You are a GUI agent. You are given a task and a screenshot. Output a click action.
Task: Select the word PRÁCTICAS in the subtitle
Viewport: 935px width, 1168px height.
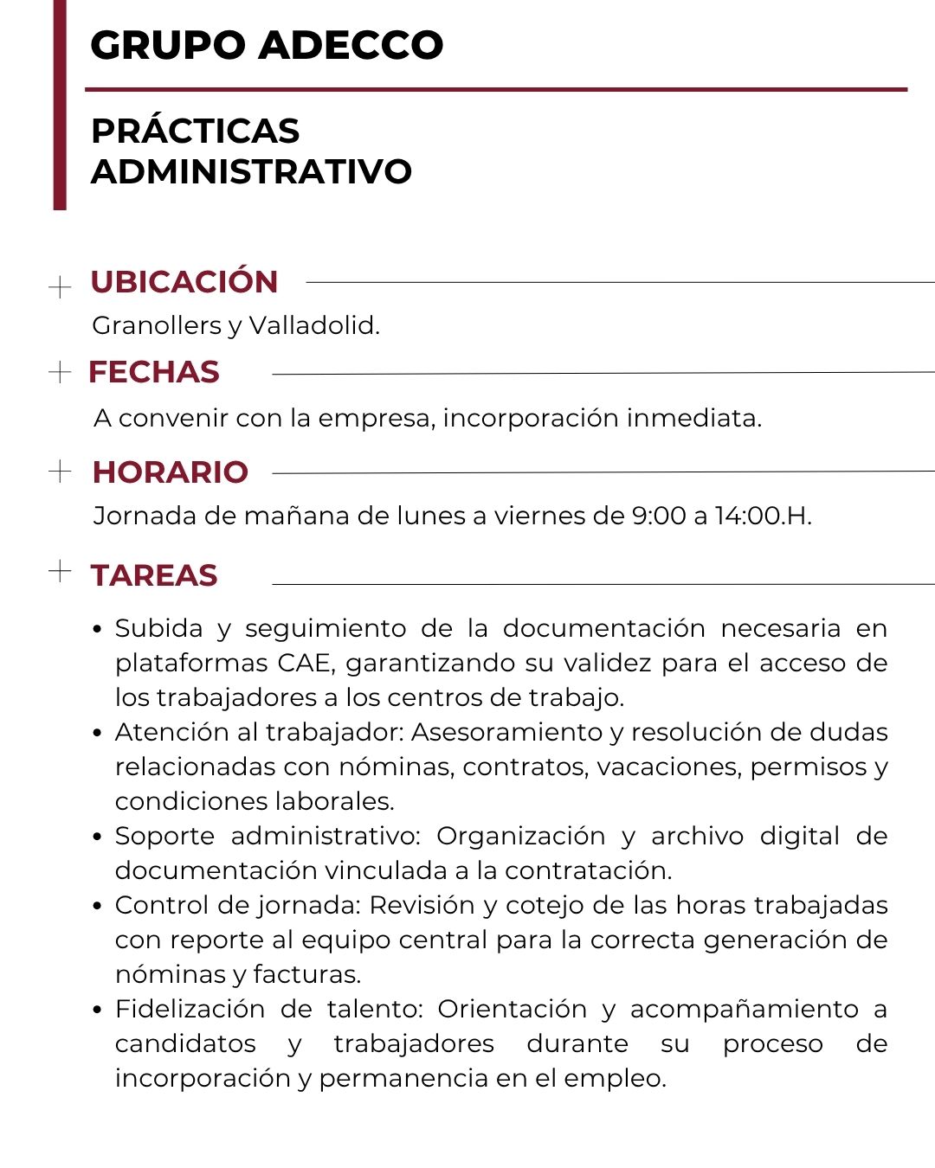coord(196,132)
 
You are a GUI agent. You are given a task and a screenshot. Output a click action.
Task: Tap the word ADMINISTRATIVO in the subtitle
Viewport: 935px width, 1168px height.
coord(252,171)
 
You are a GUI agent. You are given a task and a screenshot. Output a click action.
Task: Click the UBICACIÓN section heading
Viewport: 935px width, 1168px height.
coord(184,282)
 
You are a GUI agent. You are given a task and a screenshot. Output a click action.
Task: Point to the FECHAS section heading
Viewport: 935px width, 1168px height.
coord(154,372)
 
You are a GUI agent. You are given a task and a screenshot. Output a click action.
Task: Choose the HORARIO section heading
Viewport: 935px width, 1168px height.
coord(171,472)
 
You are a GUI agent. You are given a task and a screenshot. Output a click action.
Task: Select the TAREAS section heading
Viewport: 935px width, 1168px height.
coord(154,575)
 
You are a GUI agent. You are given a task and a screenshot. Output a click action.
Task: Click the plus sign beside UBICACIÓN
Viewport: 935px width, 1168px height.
coord(60,286)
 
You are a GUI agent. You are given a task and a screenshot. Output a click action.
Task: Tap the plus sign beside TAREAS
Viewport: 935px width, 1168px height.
coord(60,571)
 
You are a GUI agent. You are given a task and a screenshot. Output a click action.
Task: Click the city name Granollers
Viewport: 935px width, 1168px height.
coord(157,325)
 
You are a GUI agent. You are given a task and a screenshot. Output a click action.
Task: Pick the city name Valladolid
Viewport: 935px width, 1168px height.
coord(313,325)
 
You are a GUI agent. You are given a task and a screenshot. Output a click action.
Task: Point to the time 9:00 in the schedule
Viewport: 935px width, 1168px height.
coord(659,516)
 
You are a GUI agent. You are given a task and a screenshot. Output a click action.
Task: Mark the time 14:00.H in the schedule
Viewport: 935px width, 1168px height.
coord(763,516)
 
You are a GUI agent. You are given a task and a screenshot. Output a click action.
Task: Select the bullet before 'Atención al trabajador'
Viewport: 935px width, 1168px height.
coord(98,733)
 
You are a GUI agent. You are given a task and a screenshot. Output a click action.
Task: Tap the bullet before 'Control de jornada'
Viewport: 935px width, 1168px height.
coord(98,906)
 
